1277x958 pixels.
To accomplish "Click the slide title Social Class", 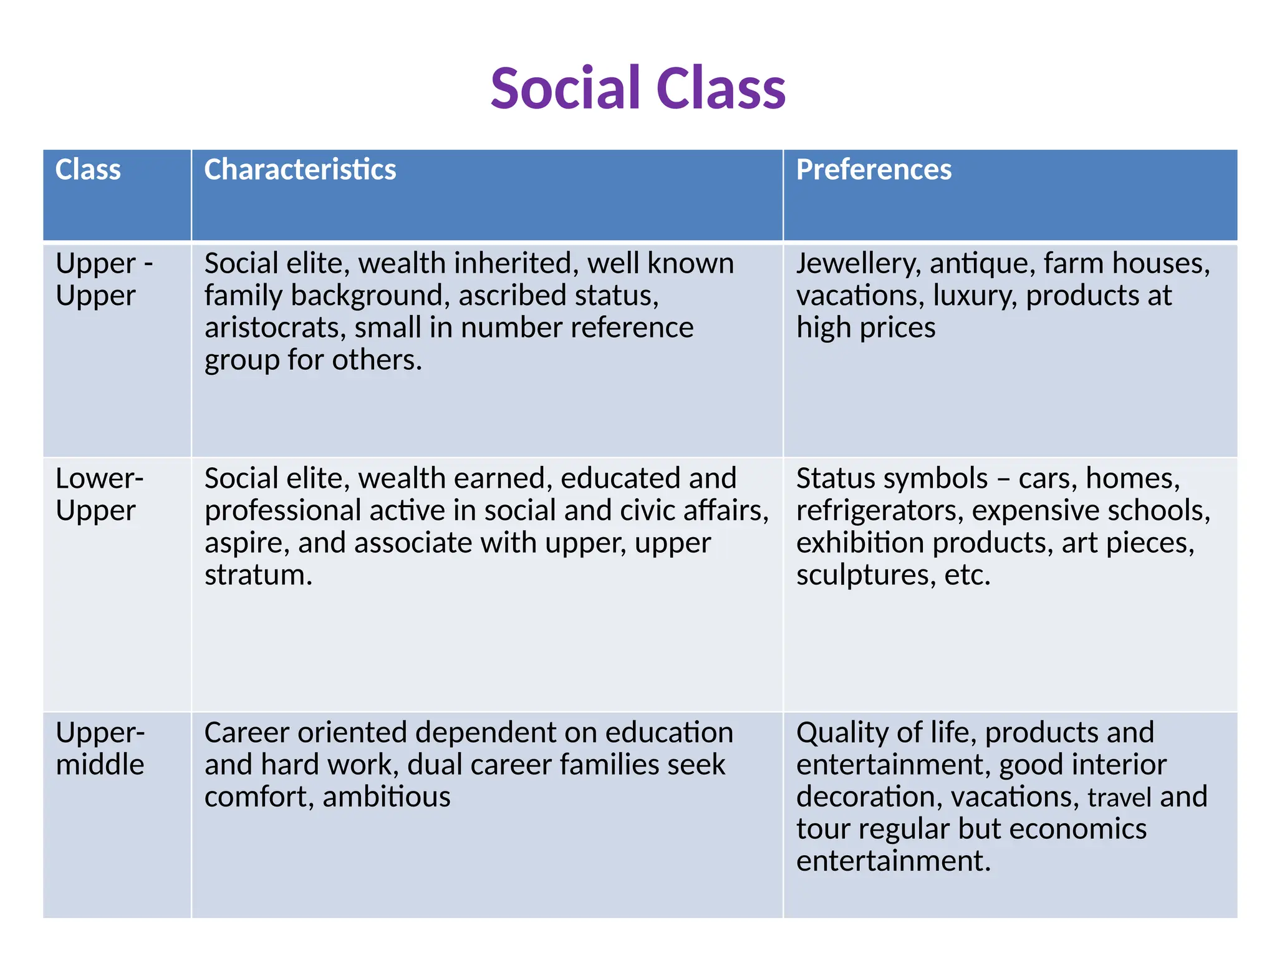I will (638, 88).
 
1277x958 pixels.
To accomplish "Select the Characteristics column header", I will (300, 170).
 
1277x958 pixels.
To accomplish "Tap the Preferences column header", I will (874, 170).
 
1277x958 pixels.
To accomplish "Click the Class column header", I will (88, 170).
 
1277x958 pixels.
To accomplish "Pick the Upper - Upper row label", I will (104, 279).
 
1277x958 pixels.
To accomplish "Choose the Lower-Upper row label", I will (99, 494).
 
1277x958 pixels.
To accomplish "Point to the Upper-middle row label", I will (100, 748).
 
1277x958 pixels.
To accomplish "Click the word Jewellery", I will (858, 264).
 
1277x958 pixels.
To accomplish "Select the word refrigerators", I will (879, 511).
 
